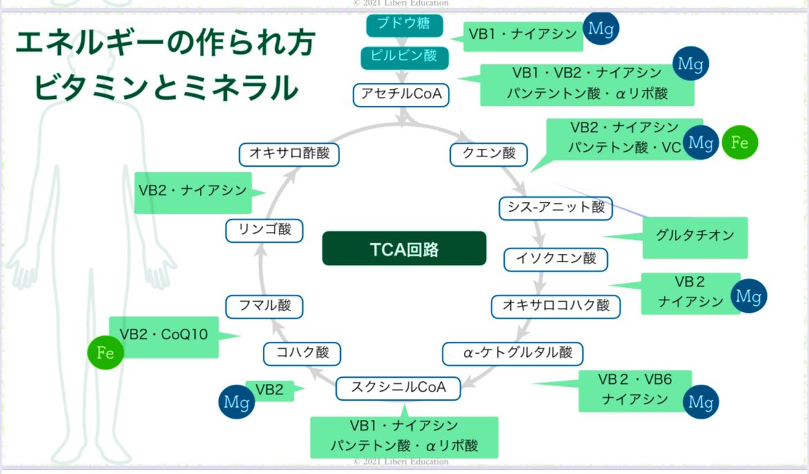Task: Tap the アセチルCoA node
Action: pyautogui.click(x=401, y=94)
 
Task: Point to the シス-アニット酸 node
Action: pyautogui.click(x=555, y=208)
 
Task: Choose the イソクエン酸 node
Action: pyautogui.click(x=555, y=259)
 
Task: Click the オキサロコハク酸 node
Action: pyautogui.click(x=555, y=305)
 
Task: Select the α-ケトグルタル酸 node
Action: pyautogui.click(x=512, y=353)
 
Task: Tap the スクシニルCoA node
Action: pyautogui.click(x=399, y=388)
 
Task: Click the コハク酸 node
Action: pyautogui.click(x=301, y=353)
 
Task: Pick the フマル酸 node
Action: pyautogui.click(x=264, y=306)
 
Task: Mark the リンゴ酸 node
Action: pyautogui.click(x=264, y=230)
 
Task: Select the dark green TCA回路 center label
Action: pyautogui.click(x=404, y=249)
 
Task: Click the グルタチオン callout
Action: pyautogui.click(x=694, y=236)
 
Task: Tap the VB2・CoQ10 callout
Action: pyautogui.click(x=163, y=336)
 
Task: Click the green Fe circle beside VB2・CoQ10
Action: pyautogui.click(x=105, y=353)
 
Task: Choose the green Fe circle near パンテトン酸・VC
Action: pyautogui.click(x=739, y=143)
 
